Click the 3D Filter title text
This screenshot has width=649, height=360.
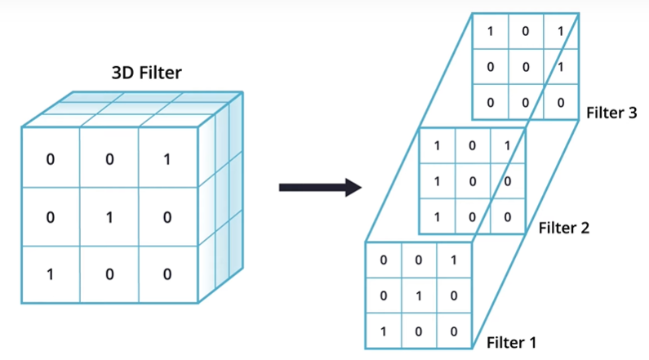147,74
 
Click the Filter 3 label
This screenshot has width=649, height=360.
611,113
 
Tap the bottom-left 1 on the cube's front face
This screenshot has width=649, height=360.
50,273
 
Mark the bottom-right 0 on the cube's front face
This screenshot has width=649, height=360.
167,273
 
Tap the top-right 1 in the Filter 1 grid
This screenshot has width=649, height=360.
454,261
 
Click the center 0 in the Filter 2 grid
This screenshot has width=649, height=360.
472,182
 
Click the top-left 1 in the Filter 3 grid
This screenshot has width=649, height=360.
490,32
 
